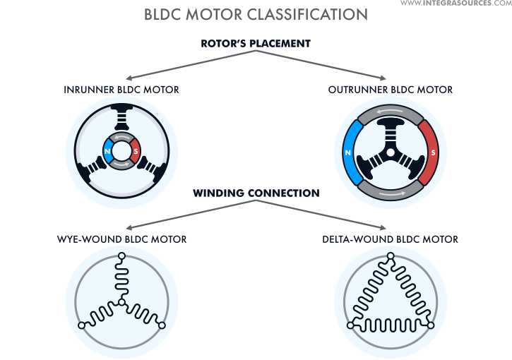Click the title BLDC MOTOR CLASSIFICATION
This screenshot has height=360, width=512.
click(x=256, y=14)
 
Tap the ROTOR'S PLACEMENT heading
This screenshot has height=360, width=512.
click(x=255, y=43)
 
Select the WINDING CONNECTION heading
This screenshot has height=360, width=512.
click(x=255, y=193)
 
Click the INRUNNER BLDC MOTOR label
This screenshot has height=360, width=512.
click(x=121, y=90)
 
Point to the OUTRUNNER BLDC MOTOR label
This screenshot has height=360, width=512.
click(x=391, y=90)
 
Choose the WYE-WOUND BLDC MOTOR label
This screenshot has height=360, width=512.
click(x=121, y=239)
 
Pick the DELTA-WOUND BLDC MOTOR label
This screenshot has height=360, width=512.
click(x=390, y=239)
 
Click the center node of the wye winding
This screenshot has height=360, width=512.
click(x=121, y=302)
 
